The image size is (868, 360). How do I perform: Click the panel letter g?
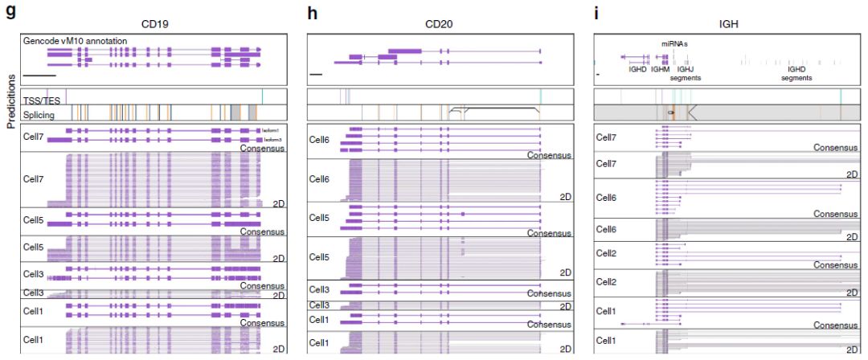tap(9, 11)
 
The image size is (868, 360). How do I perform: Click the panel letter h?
tap(313, 11)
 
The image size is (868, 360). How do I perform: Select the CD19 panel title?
tap(155, 24)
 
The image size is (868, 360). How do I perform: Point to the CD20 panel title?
tap(439, 24)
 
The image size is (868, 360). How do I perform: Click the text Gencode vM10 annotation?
tap(75, 40)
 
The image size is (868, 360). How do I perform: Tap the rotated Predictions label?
tap(10, 101)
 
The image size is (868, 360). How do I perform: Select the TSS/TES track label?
tap(42, 100)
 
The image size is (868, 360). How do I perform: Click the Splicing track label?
tap(39, 115)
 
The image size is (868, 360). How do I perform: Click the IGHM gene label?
tap(660, 70)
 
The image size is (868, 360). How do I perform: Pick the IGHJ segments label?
tap(685, 74)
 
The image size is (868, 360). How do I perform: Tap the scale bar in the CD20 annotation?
tap(315, 76)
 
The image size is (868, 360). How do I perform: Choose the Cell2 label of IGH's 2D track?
tap(606, 282)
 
